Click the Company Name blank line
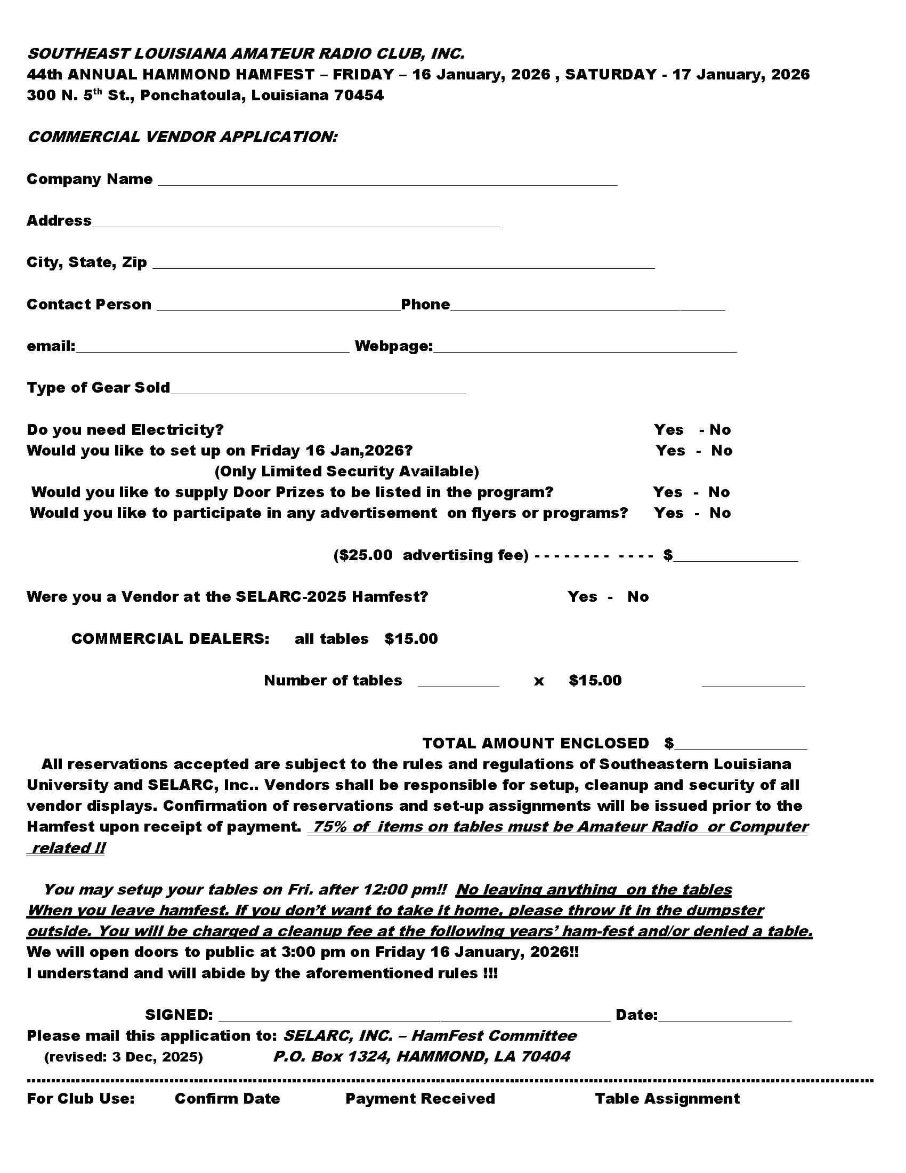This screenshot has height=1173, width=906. (x=387, y=181)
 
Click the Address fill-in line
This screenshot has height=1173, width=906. (x=295, y=224)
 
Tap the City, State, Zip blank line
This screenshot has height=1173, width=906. (x=403, y=265)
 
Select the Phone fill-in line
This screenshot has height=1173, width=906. (x=587, y=307)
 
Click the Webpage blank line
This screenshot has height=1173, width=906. (x=585, y=348)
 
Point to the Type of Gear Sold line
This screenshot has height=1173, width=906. (x=318, y=390)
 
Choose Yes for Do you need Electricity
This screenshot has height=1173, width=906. (x=668, y=429)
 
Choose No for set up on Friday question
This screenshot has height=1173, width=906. (x=722, y=451)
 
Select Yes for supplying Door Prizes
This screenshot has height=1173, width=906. (x=668, y=492)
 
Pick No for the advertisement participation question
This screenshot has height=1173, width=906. (x=720, y=513)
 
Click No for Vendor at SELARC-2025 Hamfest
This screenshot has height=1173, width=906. (x=637, y=597)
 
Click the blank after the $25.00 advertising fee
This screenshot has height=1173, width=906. (x=736, y=557)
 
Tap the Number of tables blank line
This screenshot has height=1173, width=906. (x=458, y=683)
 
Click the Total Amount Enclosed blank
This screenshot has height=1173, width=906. (x=741, y=746)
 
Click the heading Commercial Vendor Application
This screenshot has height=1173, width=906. (x=182, y=137)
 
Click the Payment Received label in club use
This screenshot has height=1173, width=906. (x=420, y=1099)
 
